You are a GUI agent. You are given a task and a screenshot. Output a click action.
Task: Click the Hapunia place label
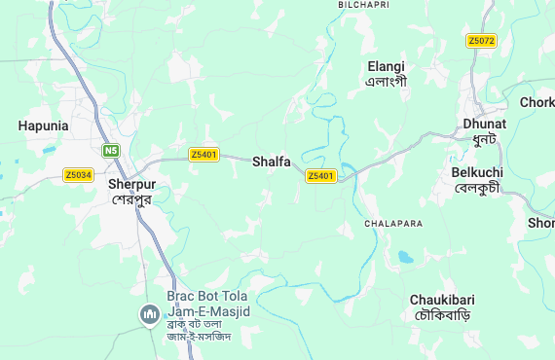tap(43, 126)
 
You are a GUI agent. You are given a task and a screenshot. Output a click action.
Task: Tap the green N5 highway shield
tap(111, 151)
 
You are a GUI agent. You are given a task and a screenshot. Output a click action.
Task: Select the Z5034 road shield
tap(78, 175)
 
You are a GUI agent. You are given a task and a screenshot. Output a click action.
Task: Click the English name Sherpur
tap(132, 184)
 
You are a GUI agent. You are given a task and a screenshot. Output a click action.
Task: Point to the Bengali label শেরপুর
tap(132, 199)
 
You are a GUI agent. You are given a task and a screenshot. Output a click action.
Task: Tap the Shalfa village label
tap(272, 162)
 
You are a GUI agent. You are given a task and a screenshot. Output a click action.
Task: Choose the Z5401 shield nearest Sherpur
tap(203, 155)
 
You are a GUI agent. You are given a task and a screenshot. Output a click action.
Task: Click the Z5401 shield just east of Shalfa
tap(320, 176)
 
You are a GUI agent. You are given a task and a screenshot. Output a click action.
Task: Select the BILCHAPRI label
tap(363, 5)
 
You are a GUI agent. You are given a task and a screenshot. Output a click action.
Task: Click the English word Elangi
tap(386, 66)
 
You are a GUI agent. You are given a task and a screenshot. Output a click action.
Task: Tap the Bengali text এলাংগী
tap(386, 82)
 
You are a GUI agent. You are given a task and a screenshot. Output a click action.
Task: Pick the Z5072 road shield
tap(481, 41)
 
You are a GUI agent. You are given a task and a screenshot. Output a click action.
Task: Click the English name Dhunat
tap(485, 125)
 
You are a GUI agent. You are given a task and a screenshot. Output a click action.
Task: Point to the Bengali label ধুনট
tap(485, 140)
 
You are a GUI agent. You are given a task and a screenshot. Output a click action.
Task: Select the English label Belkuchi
tap(476, 172)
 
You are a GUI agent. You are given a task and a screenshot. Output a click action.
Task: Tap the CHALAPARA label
tap(393, 224)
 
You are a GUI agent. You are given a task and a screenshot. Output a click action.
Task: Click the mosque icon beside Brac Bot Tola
tap(149, 313)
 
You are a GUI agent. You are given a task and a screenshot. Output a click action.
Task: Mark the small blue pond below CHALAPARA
tap(404, 258)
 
